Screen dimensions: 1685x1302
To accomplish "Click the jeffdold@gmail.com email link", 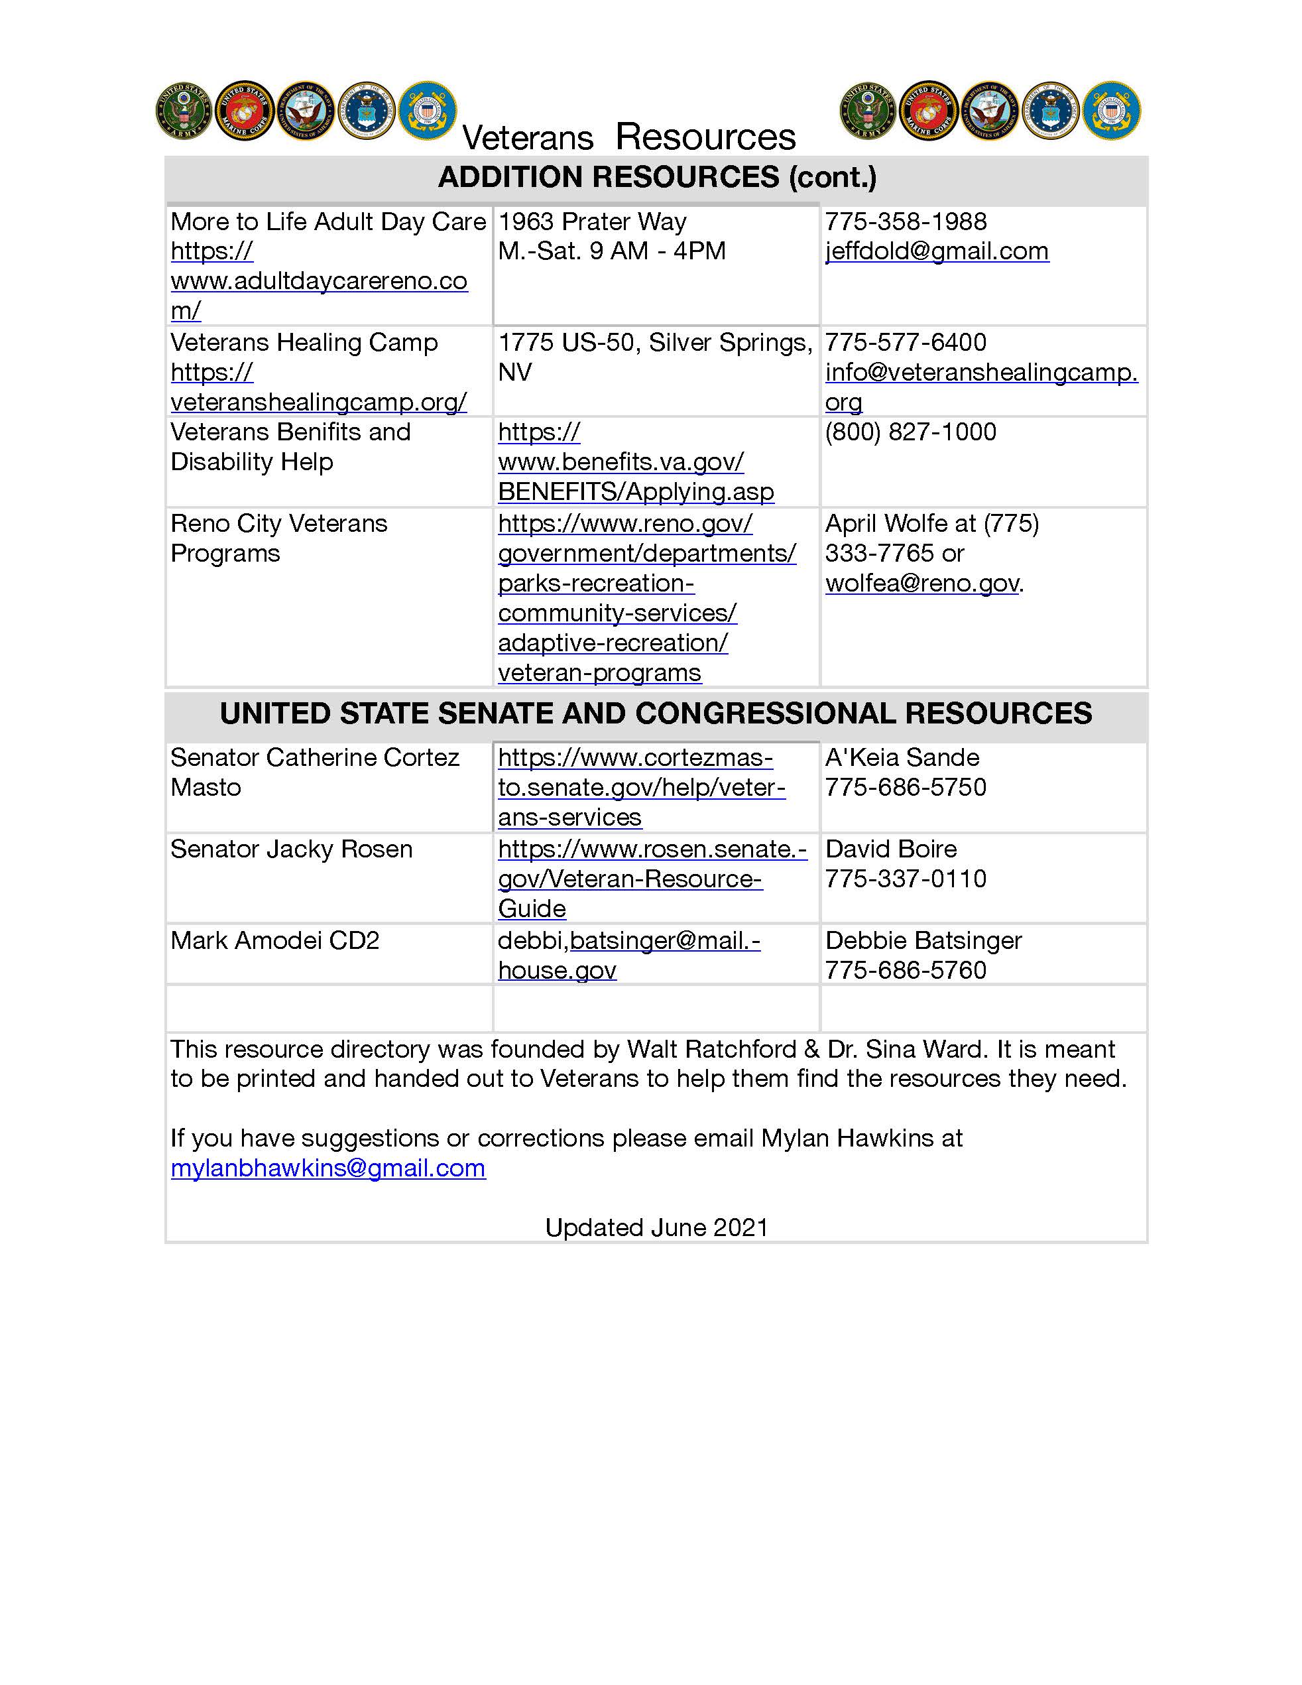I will (x=936, y=251).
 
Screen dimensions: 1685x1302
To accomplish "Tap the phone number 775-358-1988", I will (x=906, y=222).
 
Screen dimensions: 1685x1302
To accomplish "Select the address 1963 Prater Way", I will (x=591, y=222).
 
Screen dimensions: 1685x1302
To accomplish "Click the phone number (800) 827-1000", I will (x=910, y=432).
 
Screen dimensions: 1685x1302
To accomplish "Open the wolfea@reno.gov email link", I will (x=921, y=584).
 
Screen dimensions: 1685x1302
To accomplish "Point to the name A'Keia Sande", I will (x=902, y=758).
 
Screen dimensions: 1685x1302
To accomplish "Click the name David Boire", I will (x=891, y=849).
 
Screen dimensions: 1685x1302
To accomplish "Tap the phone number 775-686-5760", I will (x=906, y=971).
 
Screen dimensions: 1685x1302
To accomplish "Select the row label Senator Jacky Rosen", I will (x=292, y=849).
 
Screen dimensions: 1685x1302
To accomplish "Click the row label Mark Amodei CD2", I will (x=274, y=940).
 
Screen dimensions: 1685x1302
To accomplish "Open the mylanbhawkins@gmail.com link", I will (x=327, y=1168).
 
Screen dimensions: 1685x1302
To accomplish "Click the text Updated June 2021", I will (x=656, y=1227).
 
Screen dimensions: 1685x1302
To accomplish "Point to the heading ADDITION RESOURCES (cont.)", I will (x=656, y=178).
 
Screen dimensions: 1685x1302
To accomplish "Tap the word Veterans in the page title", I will (x=528, y=139).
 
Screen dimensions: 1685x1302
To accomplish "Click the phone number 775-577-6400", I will (x=906, y=343).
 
